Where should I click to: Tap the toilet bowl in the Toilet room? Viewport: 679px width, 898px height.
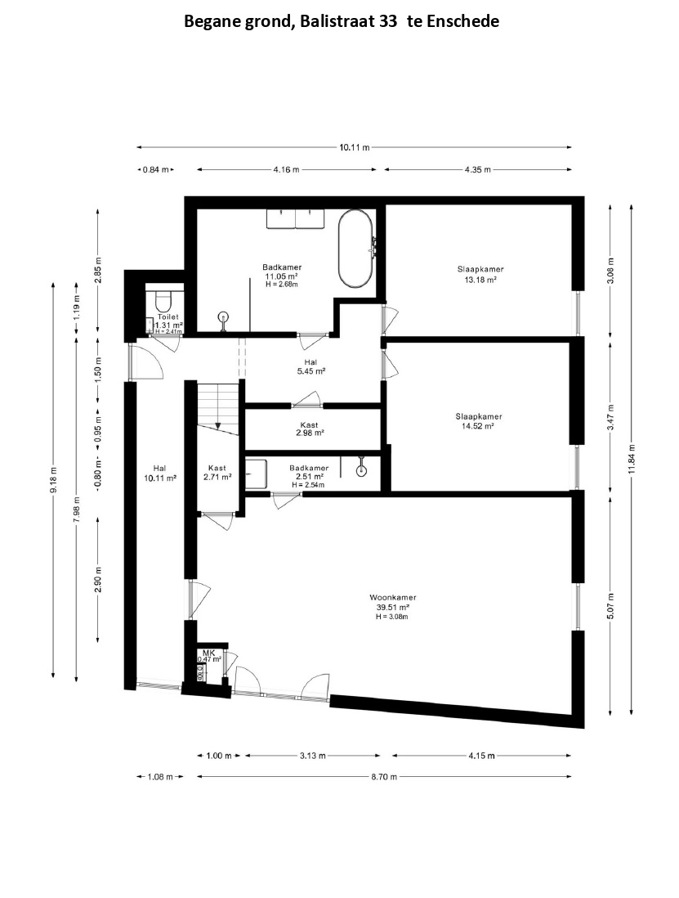(x=163, y=299)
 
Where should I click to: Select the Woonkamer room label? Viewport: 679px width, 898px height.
(x=392, y=598)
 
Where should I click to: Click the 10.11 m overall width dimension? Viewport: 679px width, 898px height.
(x=355, y=147)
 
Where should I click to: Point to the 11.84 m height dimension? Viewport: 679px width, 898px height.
(x=632, y=459)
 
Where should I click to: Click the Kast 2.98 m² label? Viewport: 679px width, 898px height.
(x=309, y=429)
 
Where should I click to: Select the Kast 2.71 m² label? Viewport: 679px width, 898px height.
(x=217, y=472)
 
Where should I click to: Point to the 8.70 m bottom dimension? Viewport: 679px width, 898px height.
(x=384, y=777)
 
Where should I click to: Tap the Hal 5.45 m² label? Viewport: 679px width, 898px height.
(x=311, y=366)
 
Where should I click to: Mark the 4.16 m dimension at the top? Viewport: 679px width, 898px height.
(x=287, y=169)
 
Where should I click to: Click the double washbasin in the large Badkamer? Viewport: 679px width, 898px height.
(x=296, y=218)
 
